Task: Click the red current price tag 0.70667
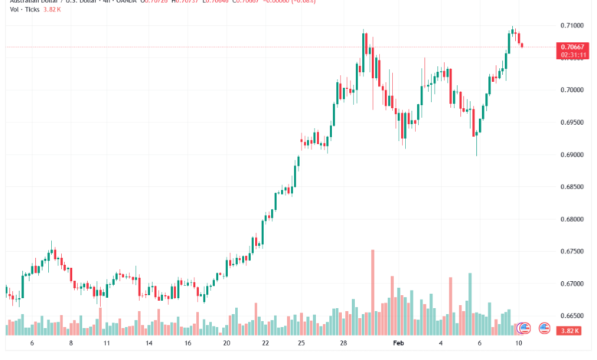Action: [573, 47]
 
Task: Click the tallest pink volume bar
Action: [373, 291]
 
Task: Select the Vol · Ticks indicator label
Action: [25, 10]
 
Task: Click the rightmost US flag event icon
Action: [544, 328]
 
